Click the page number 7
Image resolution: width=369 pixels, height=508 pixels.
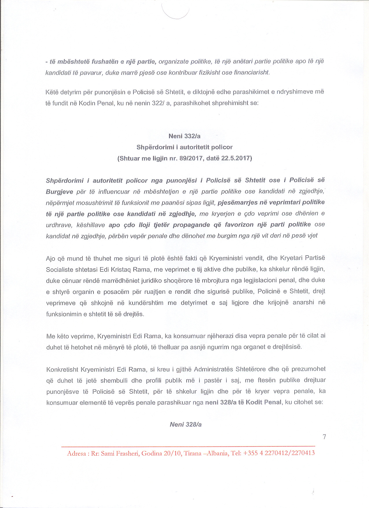coord(324,437)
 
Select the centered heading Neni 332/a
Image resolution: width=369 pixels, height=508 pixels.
coord(184,136)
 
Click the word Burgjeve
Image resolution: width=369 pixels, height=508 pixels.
coord(59,192)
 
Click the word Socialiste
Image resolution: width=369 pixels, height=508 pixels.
coord(59,269)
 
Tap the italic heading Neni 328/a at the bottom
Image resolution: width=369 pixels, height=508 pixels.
coord(186,425)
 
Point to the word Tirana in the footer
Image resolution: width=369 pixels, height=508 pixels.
coord(192,453)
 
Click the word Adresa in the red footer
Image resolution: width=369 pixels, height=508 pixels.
coord(76,454)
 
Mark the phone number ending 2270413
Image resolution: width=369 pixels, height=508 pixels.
coord(303,453)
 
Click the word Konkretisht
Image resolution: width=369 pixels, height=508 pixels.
coord(62,369)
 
